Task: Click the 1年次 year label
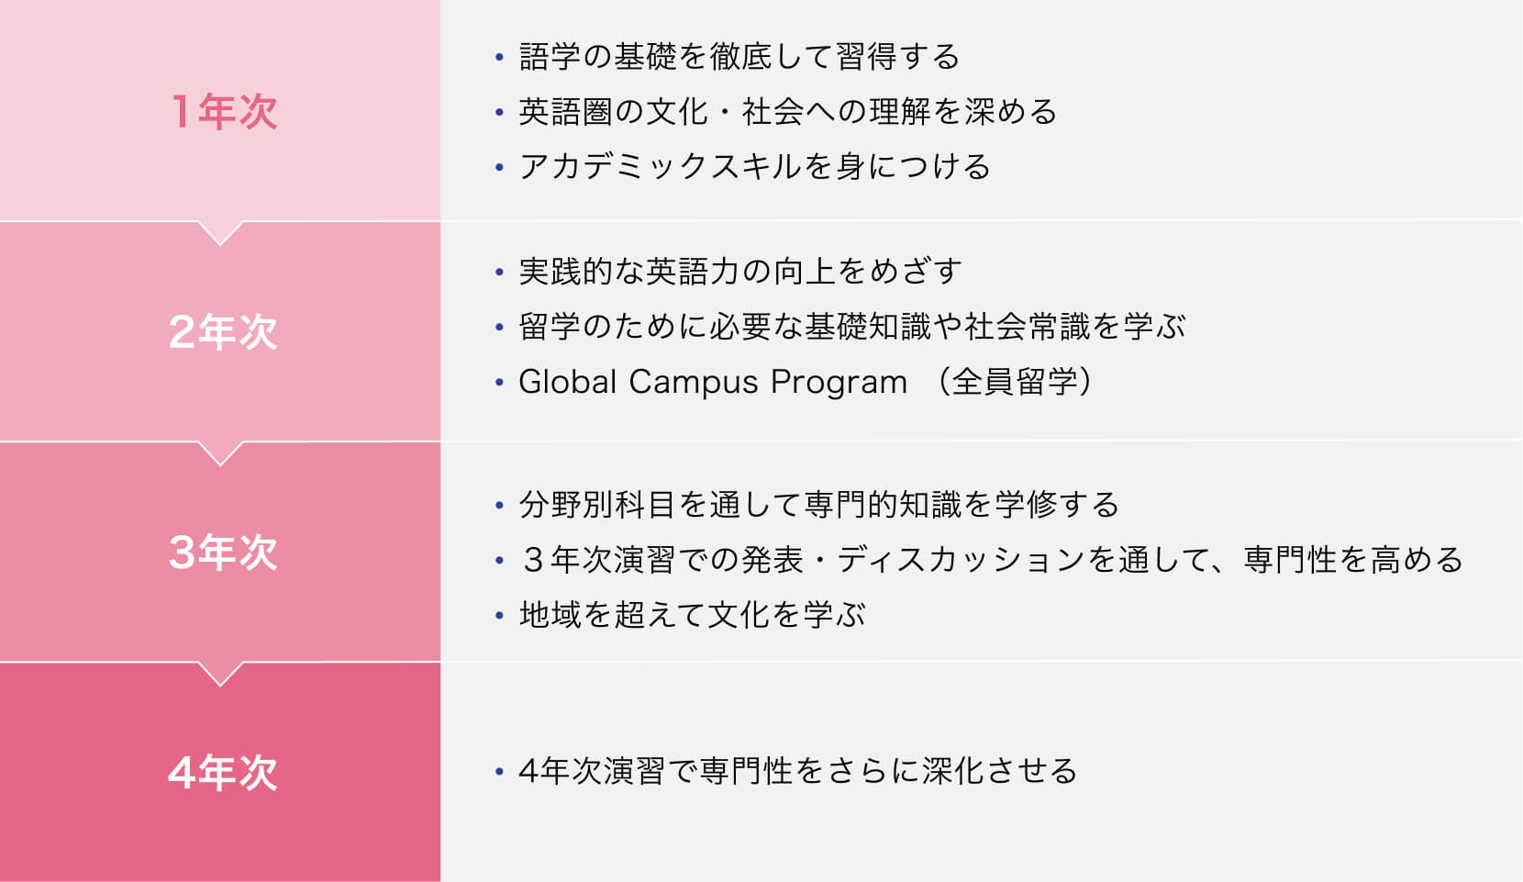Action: tap(224, 111)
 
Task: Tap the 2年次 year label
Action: tap(223, 332)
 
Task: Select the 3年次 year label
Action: tap(223, 553)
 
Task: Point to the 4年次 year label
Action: tap(223, 773)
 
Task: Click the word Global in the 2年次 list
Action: tap(568, 382)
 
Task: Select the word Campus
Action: tap(694, 383)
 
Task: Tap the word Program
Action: tap(839, 383)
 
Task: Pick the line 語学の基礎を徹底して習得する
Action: tap(739, 56)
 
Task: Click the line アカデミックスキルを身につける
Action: tap(755, 167)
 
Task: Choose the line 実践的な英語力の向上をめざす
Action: tap(740, 272)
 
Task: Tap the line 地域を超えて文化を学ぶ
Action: tap(692, 615)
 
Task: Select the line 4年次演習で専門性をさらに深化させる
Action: tap(798, 771)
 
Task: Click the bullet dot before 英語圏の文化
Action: tap(500, 112)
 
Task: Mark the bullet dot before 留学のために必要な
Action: tap(500, 327)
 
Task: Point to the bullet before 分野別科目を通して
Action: tap(500, 506)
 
